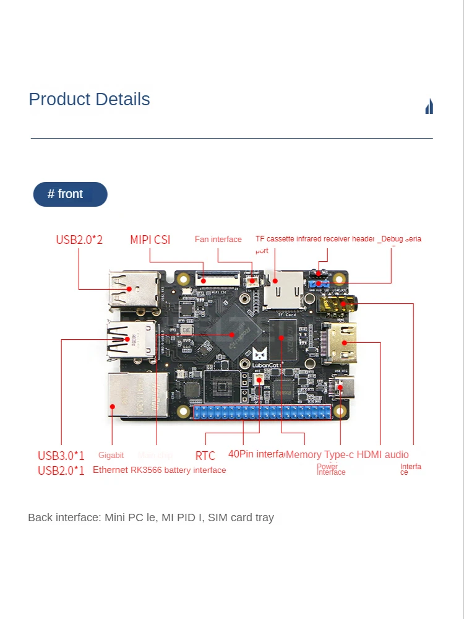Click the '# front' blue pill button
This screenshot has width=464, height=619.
[70, 194]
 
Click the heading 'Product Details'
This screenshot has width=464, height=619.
[89, 99]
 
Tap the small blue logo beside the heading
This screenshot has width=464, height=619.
[429, 106]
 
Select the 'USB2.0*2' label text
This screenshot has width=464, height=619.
[79, 240]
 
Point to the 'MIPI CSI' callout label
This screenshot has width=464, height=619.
[150, 240]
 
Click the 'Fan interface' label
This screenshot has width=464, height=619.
[218, 240]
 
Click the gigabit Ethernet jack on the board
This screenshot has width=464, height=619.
[132, 395]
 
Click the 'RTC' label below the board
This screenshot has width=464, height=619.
[205, 456]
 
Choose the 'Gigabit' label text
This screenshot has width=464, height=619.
[111, 456]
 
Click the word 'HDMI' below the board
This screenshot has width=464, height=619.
[369, 455]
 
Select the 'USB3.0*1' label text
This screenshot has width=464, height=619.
[61, 456]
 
